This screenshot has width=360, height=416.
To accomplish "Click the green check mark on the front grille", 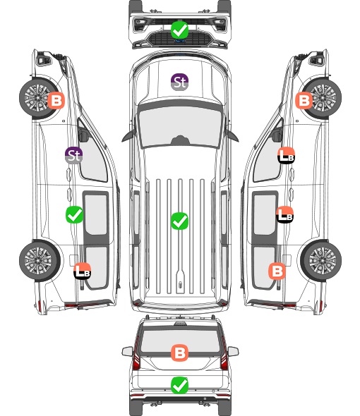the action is (179, 30).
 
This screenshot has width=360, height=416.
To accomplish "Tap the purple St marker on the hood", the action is (179, 82).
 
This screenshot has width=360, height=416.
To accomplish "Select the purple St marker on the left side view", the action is (74, 155).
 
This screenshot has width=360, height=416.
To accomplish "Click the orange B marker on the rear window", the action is (179, 353).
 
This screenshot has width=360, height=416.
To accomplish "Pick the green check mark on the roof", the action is (179, 221).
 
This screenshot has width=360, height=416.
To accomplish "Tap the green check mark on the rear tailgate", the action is (179, 385).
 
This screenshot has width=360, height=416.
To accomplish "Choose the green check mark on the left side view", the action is (74, 214).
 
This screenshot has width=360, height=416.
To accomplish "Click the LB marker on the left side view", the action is (83, 271).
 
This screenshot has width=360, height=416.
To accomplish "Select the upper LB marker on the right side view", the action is (286, 155).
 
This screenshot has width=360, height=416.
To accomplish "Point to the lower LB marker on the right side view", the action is (284, 214).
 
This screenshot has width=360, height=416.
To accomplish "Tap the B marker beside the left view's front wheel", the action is (56, 101).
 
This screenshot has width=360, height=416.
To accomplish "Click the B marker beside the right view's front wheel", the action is (304, 101).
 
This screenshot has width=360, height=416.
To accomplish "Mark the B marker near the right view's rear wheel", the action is (277, 271).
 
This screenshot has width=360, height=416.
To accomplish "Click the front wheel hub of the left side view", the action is (37, 97).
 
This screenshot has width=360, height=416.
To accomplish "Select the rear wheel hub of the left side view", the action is (38, 261).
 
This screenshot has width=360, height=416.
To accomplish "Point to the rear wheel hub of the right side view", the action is (323, 261).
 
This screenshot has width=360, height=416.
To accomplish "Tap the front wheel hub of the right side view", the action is (323, 97).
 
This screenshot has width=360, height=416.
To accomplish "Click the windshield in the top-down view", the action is (180, 125).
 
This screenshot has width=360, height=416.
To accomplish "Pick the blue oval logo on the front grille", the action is (180, 41).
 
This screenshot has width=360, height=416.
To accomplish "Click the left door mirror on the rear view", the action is (127, 352).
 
